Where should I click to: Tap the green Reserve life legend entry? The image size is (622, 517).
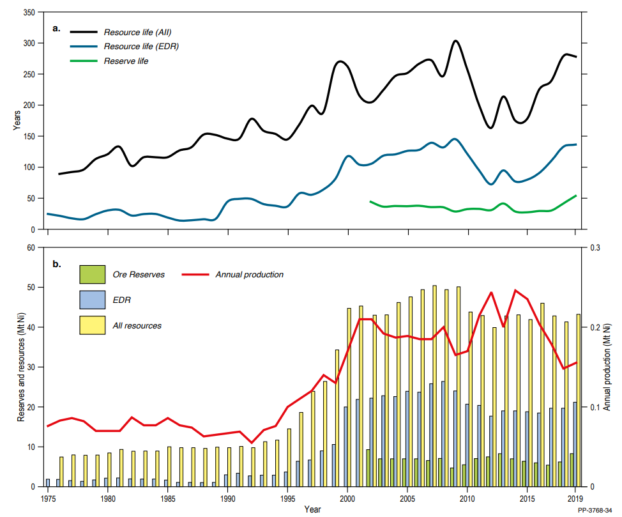click(126, 61)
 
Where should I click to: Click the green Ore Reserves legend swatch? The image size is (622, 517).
click(91, 275)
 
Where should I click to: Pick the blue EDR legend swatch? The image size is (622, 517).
click(91, 300)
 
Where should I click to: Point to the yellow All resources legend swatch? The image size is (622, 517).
click(91, 325)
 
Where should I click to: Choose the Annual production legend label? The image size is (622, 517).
click(249, 275)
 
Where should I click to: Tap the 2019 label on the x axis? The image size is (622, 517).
click(575, 497)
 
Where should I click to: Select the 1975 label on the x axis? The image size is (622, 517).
click(48, 497)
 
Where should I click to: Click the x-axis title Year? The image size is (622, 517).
click(312, 509)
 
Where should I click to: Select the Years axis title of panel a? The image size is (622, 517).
click(17, 120)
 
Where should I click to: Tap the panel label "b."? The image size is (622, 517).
click(57, 263)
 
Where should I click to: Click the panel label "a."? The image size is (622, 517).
click(57, 29)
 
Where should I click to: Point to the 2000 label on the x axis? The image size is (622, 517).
click(347, 497)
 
